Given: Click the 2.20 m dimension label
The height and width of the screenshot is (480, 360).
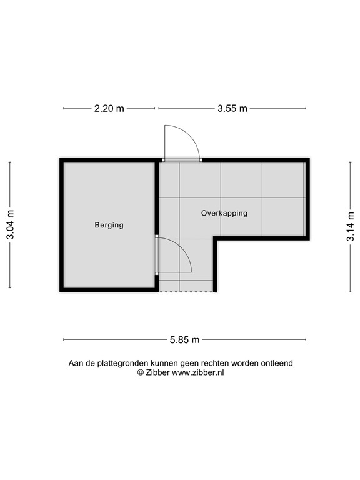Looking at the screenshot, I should click(x=109, y=108).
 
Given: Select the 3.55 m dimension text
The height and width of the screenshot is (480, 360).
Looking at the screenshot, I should click(x=232, y=108).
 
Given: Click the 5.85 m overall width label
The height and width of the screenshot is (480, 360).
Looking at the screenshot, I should click(x=184, y=340).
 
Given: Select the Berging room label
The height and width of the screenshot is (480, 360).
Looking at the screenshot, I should click(x=109, y=225).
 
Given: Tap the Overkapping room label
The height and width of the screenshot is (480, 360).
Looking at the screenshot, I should click(x=224, y=213).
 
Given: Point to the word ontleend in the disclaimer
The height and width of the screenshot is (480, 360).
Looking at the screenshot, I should click(x=277, y=363).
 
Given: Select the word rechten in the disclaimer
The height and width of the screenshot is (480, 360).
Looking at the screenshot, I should click(x=217, y=363).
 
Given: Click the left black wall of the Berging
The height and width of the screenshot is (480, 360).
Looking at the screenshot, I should click(x=62, y=225).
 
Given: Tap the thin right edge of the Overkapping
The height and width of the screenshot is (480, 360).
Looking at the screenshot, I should click(x=306, y=199).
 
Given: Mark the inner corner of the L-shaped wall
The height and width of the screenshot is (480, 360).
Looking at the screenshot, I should click(x=216, y=239).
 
